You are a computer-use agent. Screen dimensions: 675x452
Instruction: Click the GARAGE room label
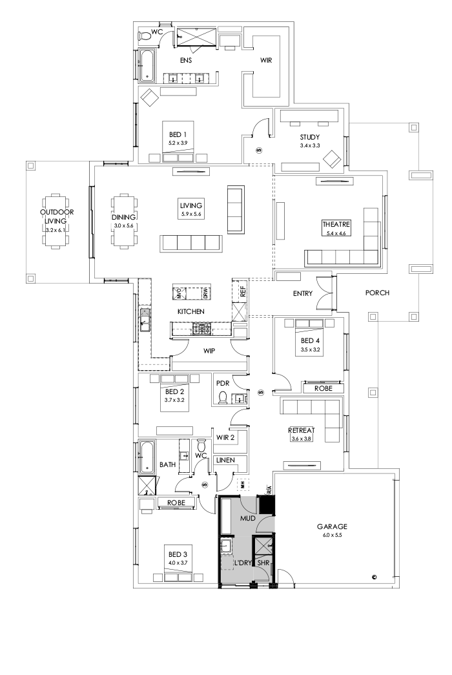(x=333, y=526)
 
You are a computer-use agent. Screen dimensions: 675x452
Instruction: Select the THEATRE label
(x=335, y=224)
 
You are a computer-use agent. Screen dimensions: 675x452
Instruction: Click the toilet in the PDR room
(x=223, y=397)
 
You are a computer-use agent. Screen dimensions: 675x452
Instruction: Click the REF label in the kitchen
(x=243, y=291)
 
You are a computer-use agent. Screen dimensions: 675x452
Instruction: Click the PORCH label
(x=378, y=293)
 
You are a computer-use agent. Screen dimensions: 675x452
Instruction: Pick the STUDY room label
(x=311, y=137)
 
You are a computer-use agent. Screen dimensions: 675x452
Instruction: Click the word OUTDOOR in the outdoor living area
(x=57, y=212)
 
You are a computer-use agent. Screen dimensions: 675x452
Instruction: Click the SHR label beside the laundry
(x=263, y=563)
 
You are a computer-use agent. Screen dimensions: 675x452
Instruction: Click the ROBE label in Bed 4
(x=324, y=389)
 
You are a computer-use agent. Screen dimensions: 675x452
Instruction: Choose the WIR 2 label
(x=225, y=438)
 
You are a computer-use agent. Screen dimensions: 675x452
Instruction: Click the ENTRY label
(x=302, y=293)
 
